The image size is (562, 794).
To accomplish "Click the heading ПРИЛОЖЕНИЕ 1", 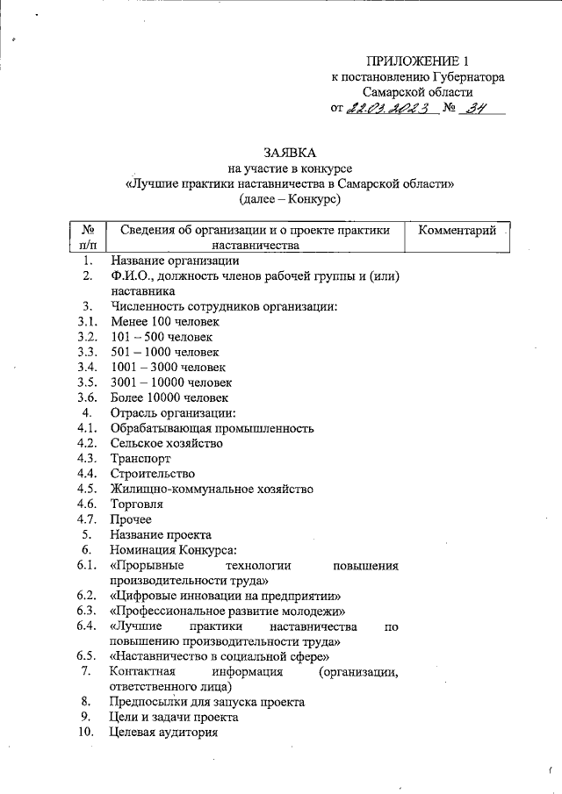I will click(x=420, y=61).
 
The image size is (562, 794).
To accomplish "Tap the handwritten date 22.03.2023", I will click(x=386, y=109).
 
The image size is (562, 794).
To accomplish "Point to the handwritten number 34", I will click(x=478, y=109).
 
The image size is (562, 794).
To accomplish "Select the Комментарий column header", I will click(x=458, y=231).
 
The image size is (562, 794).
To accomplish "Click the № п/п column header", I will click(x=88, y=238).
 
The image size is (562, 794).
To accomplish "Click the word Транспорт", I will click(x=140, y=458).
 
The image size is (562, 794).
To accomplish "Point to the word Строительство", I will click(x=153, y=474).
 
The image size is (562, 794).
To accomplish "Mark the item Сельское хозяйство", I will click(x=166, y=443).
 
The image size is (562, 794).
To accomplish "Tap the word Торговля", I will click(x=137, y=504).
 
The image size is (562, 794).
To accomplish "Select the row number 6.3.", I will click(x=86, y=610).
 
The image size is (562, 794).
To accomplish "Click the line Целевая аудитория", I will click(x=163, y=733).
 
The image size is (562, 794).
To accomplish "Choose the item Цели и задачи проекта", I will click(x=176, y=718).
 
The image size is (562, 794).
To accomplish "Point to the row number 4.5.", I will click(x=86, y=489).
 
